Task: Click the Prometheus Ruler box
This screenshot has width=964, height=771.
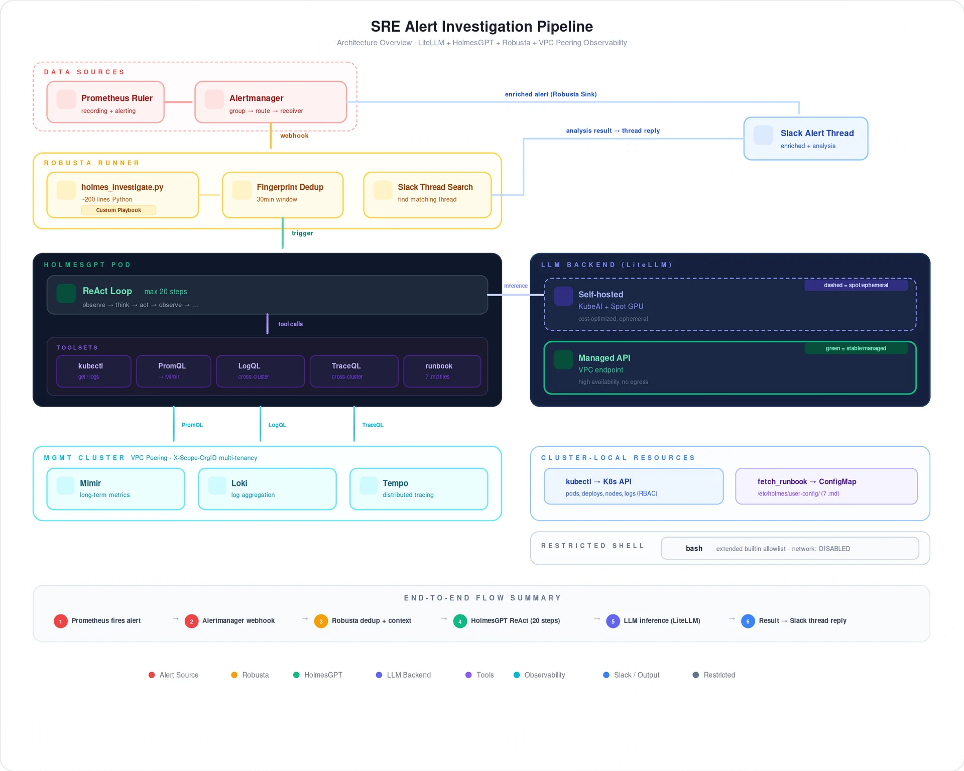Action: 105,102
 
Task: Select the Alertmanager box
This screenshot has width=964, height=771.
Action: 271,102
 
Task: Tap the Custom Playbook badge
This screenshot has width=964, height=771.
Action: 118,210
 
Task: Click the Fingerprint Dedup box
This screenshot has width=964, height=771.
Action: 283,195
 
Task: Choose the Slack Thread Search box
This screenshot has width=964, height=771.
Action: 427,195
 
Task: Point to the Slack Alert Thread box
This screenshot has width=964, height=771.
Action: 805,139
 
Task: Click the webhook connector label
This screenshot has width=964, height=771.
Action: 294,136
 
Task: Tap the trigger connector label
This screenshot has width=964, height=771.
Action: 302,233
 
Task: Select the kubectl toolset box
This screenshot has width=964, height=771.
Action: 93,371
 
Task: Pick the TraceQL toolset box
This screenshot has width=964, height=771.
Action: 353,371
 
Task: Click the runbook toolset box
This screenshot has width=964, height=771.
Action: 442,371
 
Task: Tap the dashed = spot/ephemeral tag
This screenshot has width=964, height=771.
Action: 856,285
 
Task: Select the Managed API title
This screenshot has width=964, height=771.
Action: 604,358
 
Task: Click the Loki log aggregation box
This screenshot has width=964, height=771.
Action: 267,488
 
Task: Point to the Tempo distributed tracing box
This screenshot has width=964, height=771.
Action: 418,488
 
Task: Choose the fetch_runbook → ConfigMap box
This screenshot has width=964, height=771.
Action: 826,486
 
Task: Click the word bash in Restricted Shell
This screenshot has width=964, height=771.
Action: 694,548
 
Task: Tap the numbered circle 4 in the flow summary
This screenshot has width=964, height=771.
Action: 459,621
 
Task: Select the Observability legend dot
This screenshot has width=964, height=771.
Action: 517,675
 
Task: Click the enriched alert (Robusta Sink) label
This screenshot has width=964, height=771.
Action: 550,94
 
